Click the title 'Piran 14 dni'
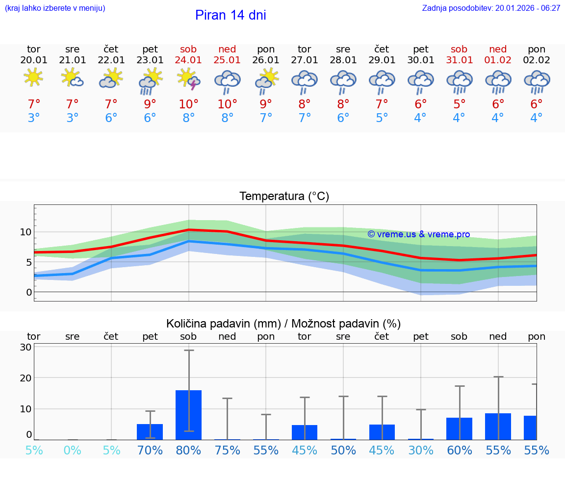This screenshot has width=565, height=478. coord(231,15)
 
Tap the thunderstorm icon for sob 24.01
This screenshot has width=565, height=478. coord(189,79)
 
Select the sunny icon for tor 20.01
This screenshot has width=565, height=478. coord(33,77)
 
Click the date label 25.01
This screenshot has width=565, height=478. coord(227,60)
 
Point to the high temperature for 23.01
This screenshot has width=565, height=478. coord(150,104)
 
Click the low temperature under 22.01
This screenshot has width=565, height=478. coord(111,118)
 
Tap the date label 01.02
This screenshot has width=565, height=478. coord(498,60)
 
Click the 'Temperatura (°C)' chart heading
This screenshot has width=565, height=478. coord(284,197)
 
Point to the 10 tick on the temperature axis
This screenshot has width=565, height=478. coord(26,232)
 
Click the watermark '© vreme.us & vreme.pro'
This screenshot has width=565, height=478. coord(418,234)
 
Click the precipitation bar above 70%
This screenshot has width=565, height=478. coord(150,432)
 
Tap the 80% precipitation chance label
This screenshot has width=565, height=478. coord(189,450)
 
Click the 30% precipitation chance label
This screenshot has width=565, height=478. coord(421,450)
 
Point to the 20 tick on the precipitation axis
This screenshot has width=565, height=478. coord(26,378)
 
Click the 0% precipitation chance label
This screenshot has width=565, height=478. coord(73,450)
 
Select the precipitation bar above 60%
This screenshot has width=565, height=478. coord(460,428)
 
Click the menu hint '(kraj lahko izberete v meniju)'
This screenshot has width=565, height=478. coord(55,8)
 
